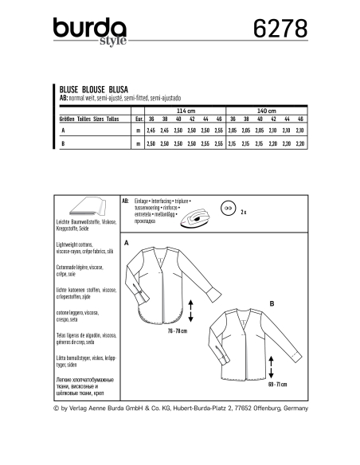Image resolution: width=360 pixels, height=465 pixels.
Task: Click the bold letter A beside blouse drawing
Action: coord(126,240)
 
